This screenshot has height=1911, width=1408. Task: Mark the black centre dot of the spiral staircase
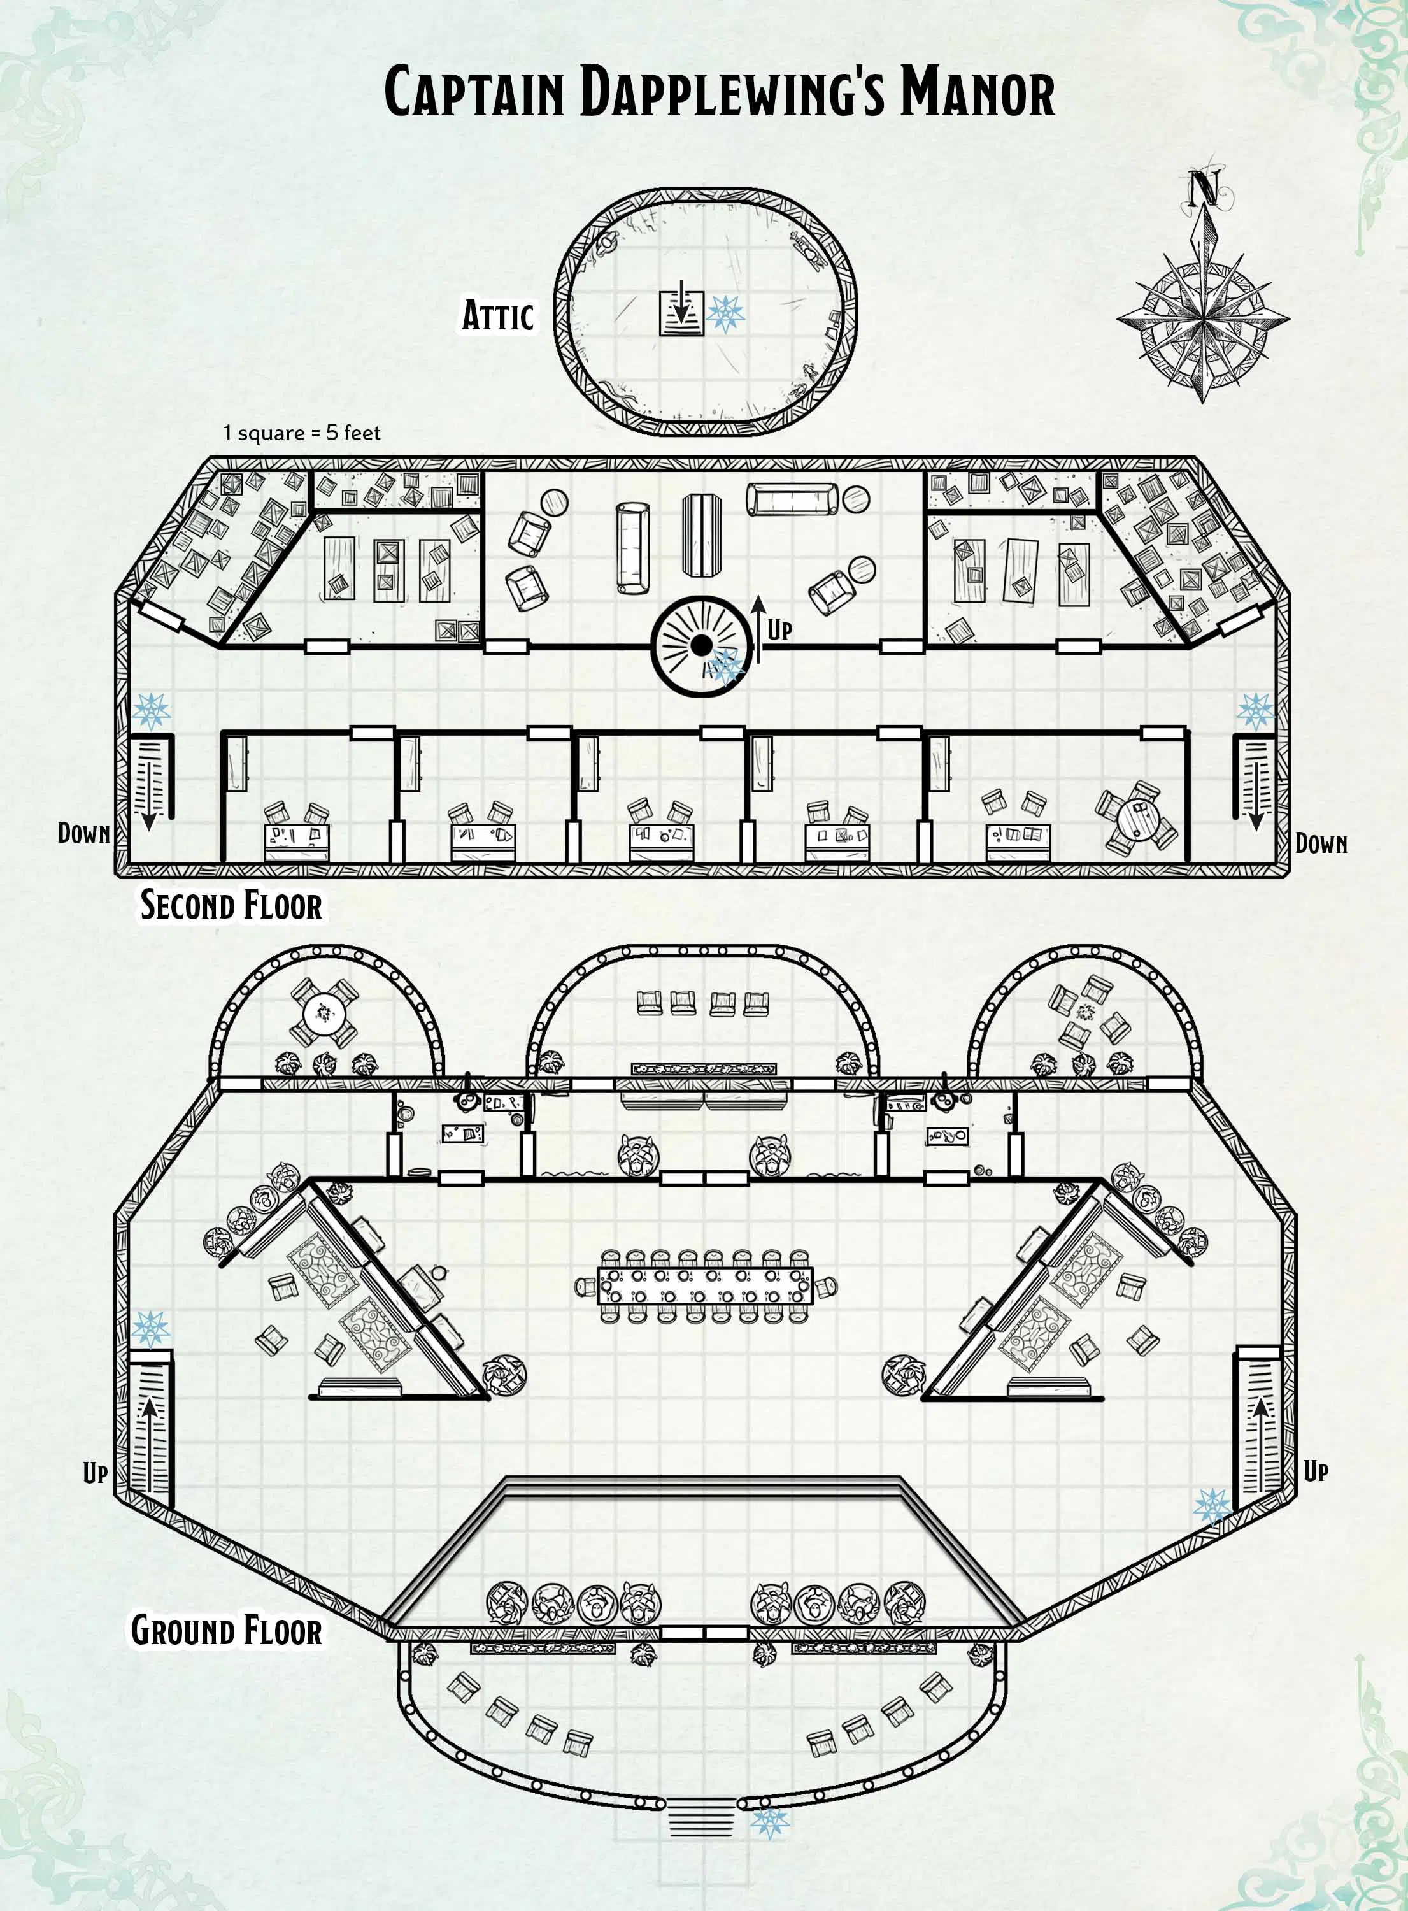(x=700, y=646)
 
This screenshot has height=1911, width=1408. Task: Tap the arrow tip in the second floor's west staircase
(x=149, y=829)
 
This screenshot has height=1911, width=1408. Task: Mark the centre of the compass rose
(x=1202, y=321)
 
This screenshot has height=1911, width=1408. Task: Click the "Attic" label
(x=498, y=315)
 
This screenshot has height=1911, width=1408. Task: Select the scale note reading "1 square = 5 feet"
(x=302, y=433)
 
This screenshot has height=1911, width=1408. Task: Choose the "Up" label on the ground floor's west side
(x=95, y=1472)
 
